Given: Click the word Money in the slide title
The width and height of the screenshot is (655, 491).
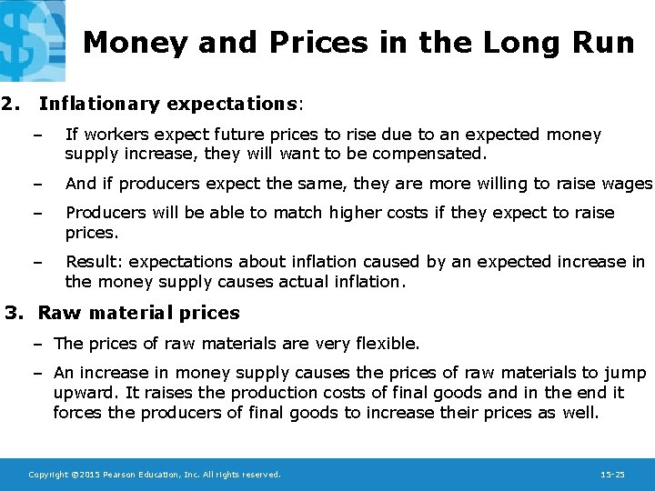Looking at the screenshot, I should tap(134, 43).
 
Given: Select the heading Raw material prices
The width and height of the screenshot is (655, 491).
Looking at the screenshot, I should tap(138, 313).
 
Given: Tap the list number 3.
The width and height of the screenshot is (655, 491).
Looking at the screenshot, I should tap(14, 313).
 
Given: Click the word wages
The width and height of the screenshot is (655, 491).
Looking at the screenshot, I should tap(629, 184).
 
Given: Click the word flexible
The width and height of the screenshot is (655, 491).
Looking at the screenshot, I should tap(388, 344).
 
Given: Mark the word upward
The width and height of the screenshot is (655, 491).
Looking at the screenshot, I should tap(84, 393).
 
